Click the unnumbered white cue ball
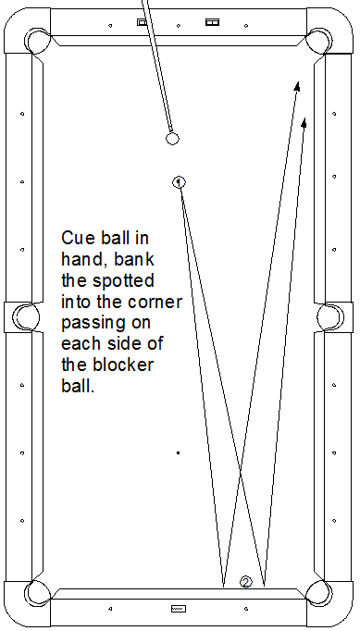point(172,139)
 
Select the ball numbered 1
point(179,182)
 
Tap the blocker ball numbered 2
point(245,582)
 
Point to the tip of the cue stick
point(170,130)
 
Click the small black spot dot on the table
point(178,452)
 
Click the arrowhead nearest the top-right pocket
point(297,86)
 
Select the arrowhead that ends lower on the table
point(304,122)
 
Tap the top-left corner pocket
point(37,41)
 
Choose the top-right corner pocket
point(319,41)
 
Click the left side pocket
point(26,316)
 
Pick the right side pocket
point(330,316)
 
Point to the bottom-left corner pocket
point(37,593)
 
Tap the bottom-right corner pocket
point(319,593)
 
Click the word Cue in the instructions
point(78,238)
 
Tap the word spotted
point(123,280)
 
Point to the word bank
point(133,259)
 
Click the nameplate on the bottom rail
point(178,609)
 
